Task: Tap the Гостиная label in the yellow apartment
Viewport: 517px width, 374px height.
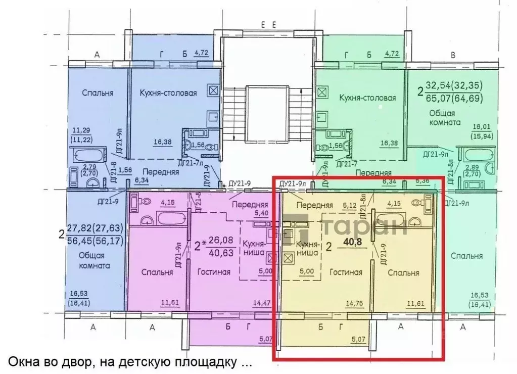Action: click(x=346, y=272)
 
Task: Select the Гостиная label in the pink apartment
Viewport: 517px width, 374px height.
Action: click(x=214, y=272)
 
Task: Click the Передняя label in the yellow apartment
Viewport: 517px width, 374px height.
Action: click(x=314, y=205)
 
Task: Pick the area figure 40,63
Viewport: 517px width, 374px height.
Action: click(x=221, y=253)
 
